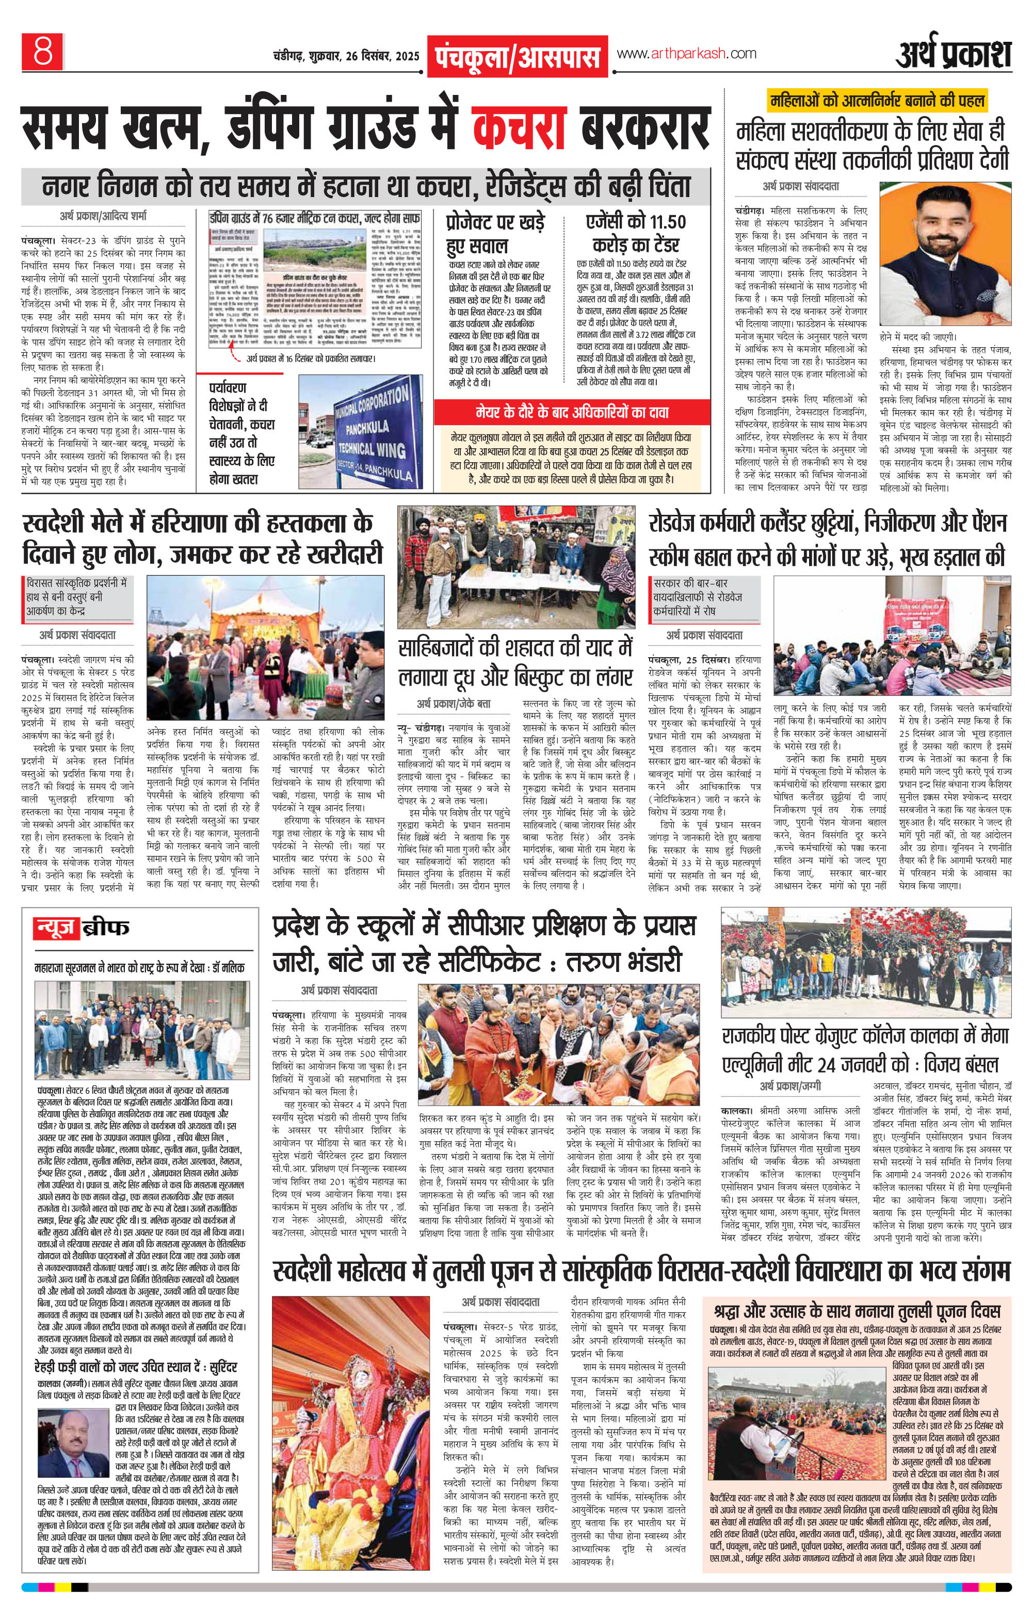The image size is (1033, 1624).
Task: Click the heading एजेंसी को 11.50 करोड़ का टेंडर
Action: click(x=636, y=233)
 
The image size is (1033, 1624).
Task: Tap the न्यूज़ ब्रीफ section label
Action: click(x=81, y=929)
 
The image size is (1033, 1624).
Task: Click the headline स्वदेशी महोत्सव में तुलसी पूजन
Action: click(x=641, y=1271)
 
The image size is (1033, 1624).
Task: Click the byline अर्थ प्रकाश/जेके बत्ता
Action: click(x=454, y=704)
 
